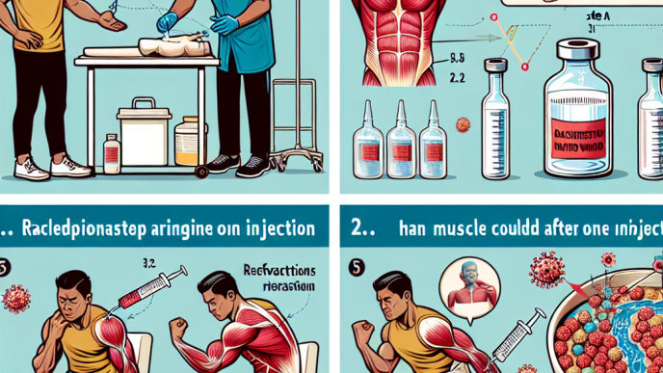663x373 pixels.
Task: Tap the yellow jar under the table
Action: pyautogui.click(x=189, y=142)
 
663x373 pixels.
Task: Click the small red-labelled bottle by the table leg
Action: pyautogui.click(x=111, y=150)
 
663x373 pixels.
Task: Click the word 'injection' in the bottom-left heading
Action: pyautogui.click(x=272, y=230)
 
